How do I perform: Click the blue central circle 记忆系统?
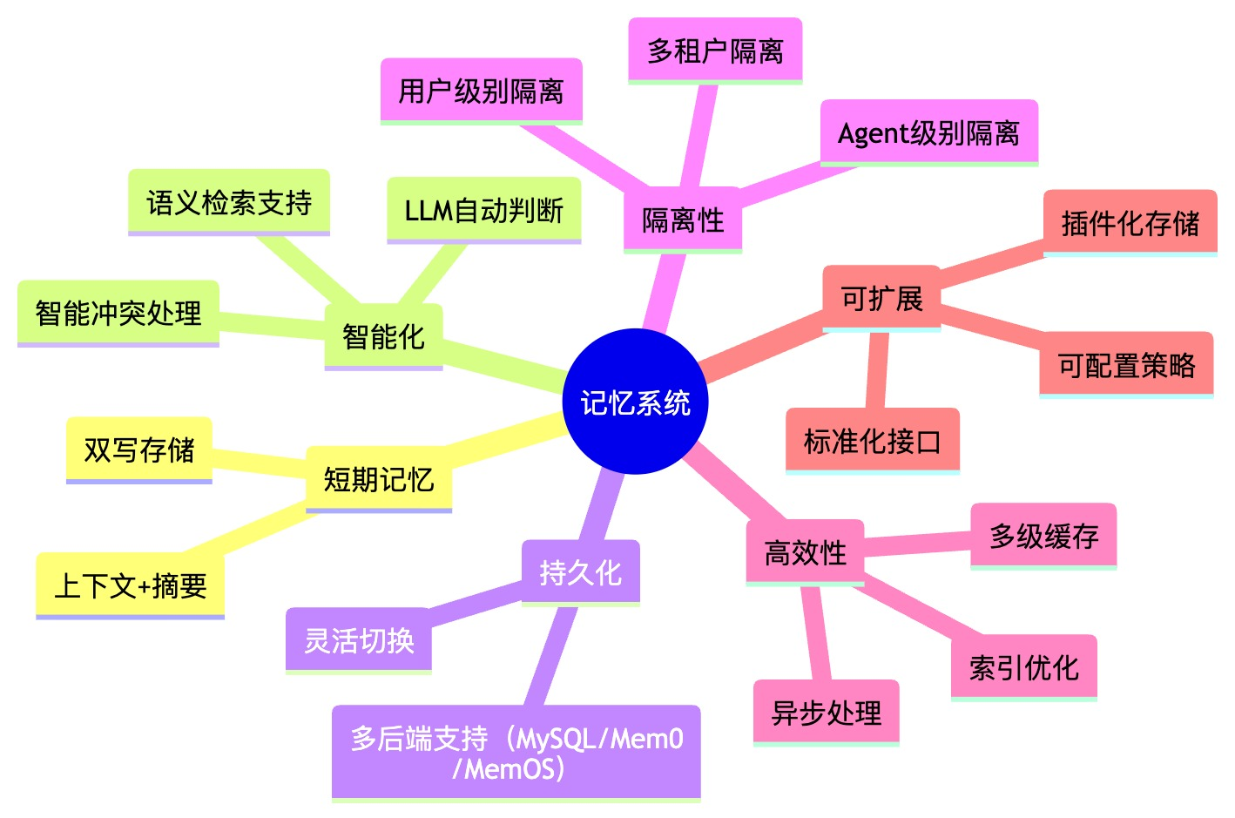pyautogui.click(x=635, y=402)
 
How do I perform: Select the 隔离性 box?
pyautogui.click(x=683, y=220)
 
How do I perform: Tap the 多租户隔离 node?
pyautogui.click(x=715, y=51)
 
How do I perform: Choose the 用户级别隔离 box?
pyautogui.click(x=482, y=91)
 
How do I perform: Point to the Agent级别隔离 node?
pyautogui.click(x=929, y=133)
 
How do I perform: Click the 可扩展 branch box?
pyautogui.click(x=881, y=299)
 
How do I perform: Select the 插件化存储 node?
pyautogui.click(x=1130, y=223)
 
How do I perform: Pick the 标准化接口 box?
pyautogui.click(x=873, y=441)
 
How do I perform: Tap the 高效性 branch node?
pyautogui.click(x=805, y=552)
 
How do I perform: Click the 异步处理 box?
pyautogui.click(x=827, y=713)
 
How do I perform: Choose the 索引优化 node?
pyautogui.click(x=1024, y=667)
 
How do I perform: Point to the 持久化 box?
pyautogui.click(x=581, y=572)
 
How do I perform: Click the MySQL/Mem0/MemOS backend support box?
pyautogui.click(x=516, y=753)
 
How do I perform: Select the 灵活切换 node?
pyautogui.click(x=358, y=640)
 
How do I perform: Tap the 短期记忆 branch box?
pyautogui.click(x=379, y=479)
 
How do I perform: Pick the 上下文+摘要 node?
pyautogui.click(x=130, y=585)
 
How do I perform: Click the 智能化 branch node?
pyautogui.click(x=383, y=336)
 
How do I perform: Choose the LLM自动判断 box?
pyautogui.click(x=484, y=210)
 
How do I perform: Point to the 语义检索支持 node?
pyautogui.click(x=229, y=202)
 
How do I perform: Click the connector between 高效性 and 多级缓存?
pyautogui.click(x=917, y=544)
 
